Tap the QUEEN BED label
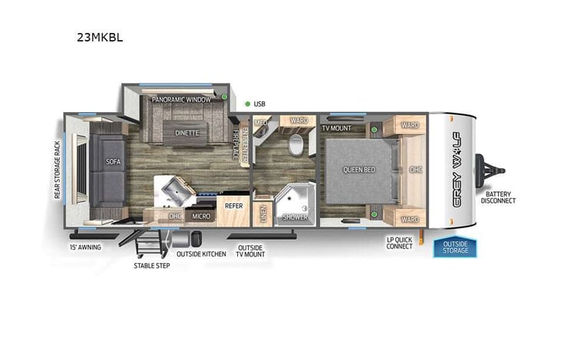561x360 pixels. tap(358, 169)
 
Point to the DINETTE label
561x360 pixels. tap(186, 133)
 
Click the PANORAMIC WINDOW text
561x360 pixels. tap(182, 100)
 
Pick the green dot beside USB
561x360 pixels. tap(246, 104)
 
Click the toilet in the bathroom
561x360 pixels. tap(295, 147)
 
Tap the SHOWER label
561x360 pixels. tap(295, 217)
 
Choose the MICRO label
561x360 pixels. tap(201, 216)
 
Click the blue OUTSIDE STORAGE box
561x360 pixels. tap(454, 247)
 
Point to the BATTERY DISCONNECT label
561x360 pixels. tap(499, 197)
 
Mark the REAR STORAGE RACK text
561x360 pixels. tap(57, 170)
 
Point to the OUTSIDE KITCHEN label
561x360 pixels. tap(201, 253)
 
